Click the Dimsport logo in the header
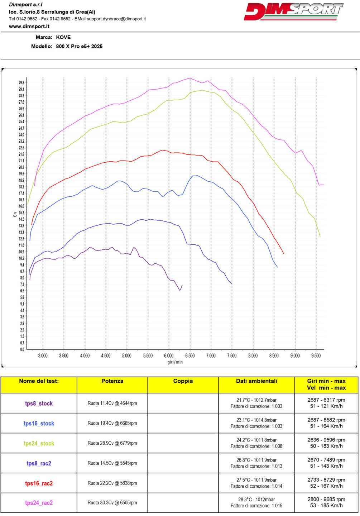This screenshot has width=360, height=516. (x=293, y=12)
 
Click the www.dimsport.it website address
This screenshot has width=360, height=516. (x=29, y=27)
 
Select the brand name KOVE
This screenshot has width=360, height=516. (x=63, y=37)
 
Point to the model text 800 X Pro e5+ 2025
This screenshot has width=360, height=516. (x=79, y=46)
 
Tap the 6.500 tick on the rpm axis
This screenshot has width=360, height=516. (x=190, y=355)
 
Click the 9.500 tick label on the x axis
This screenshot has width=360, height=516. (x=316, y=355)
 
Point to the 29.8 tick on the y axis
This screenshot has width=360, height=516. (x=21, y=83)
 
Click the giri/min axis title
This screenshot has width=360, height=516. (x=175, y=362)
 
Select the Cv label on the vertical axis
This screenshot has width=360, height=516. (x=15, y=214)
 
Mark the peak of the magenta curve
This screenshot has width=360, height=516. (x=190, y=78)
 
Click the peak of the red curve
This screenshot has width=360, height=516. (x=163, y=150)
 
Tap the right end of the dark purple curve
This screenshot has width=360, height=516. (x=182, y=285)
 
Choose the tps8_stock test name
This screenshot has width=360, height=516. (x=39, y=403)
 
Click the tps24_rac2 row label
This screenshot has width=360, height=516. (x=39, y=503)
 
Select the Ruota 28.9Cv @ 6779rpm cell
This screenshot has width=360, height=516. (x=112, y=443)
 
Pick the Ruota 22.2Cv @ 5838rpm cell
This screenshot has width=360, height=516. (x=112, y=483)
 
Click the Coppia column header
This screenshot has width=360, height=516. (x=183, y=381)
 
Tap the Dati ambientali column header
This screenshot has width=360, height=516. (x=256, y=381)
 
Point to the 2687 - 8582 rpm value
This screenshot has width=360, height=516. (x=326, y=420)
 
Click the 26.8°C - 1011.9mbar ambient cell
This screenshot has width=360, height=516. (x=256, y=460)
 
